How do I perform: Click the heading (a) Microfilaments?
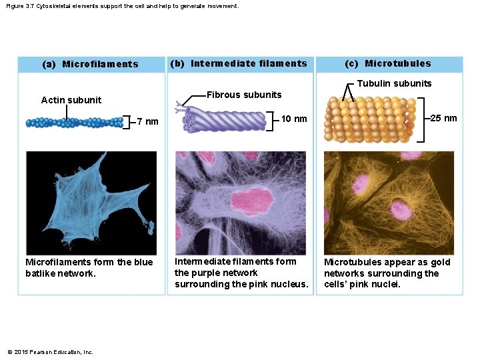90,65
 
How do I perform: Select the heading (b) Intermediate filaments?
239,64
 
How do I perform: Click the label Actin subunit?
71,100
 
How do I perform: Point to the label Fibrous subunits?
244,95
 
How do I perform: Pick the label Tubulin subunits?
394,83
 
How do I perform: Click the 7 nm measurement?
147,121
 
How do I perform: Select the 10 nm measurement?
294,119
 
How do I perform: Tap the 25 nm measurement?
443,119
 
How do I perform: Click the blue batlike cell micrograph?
91,200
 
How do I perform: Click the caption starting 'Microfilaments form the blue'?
89,267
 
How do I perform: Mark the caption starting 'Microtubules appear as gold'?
387,273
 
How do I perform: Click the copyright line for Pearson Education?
50,352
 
